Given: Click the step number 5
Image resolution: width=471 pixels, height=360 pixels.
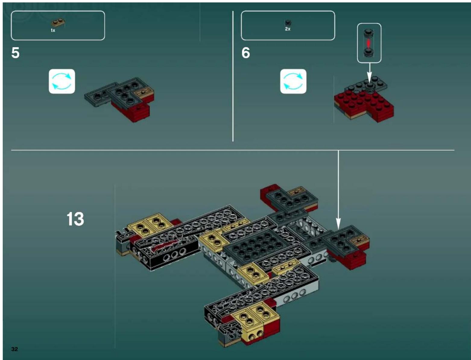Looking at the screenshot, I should tap(15, 53).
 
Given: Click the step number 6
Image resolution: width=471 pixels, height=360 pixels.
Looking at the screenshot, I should tap(245, 53).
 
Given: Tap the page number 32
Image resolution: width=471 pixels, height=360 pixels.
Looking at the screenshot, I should tap(14, 349).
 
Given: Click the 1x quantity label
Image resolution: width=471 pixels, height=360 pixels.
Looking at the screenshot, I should tap(53, 30).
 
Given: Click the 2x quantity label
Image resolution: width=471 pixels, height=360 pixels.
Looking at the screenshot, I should tap(288, 29).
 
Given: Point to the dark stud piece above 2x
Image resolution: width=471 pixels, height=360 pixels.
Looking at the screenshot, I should tap(288, 23).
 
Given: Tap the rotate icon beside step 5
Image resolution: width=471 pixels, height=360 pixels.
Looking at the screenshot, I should tap(62, 81).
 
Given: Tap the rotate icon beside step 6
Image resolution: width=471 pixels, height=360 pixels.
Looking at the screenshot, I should tap(293, 81).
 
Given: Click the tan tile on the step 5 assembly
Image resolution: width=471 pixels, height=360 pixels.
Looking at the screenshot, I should tap(144, 93).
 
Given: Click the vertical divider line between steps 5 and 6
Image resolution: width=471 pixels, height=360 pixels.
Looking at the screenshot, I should tap(233, 75).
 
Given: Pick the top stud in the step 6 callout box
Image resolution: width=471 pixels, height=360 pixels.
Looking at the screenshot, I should tap(368, 33).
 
